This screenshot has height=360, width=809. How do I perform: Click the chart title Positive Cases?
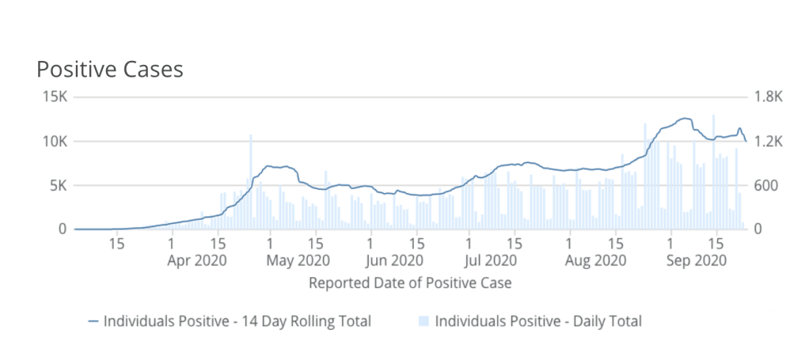[110, 70]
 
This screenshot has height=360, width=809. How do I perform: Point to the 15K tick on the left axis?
[57, 97]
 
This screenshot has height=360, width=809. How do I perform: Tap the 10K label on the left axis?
[57, 142]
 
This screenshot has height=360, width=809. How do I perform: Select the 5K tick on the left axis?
[60, 186]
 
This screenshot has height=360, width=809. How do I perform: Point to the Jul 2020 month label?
[491, 260]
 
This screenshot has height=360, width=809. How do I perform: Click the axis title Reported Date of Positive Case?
[410, 282]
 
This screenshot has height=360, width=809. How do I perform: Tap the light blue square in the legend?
[423, 321]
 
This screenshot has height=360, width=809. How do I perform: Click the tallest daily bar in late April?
[251, 182]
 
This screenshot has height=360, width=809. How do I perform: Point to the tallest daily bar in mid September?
[713, 172]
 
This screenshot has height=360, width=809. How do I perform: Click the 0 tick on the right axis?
[757, 229]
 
